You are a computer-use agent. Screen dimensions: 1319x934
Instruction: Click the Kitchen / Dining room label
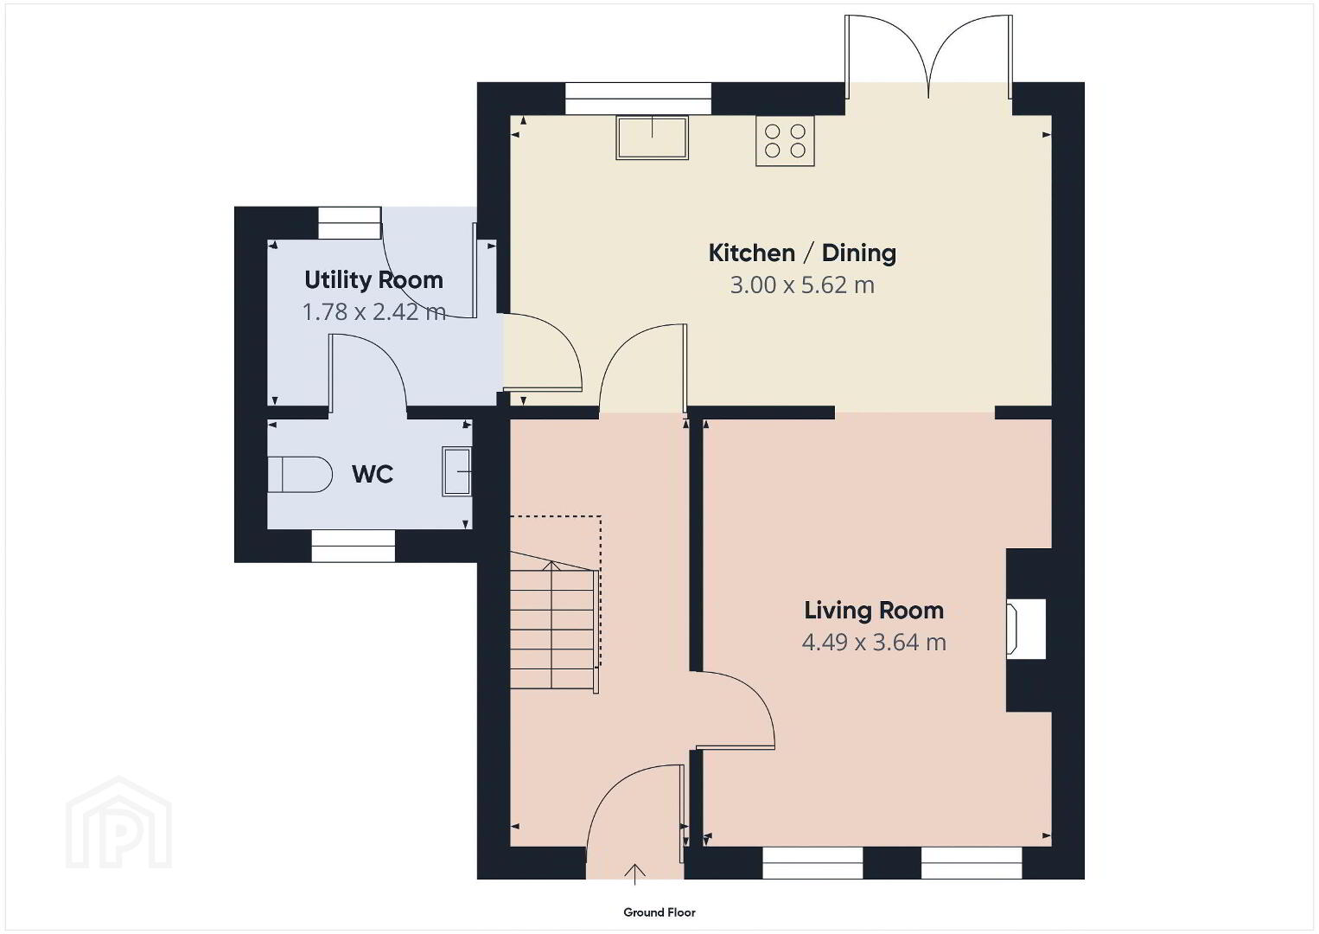[802, 253]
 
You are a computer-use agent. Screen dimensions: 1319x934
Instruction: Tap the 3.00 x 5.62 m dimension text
[802, 285]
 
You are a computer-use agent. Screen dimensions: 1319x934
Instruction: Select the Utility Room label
[374, 280]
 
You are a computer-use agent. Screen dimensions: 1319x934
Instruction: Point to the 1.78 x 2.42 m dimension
[374, 311]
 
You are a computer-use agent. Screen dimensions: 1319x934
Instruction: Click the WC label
[373, 475]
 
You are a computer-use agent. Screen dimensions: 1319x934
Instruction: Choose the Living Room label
[874, 611]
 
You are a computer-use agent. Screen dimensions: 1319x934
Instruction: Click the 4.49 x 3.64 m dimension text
[874, 643]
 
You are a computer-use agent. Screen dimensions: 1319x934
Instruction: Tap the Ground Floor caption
[659, 912]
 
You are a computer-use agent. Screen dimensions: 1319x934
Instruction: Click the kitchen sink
[653, 138]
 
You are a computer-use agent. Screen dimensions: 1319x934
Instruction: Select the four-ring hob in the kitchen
[786, 141]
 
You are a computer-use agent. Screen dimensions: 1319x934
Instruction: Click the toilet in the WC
[300, 475]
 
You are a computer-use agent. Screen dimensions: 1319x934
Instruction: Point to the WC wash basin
[457, 471]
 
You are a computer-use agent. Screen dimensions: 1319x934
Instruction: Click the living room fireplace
[1027, 629]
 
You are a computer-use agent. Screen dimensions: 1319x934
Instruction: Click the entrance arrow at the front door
[634, 874]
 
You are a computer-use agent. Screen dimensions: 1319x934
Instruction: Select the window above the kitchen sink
[638, 99]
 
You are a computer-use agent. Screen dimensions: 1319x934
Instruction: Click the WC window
[354, 546]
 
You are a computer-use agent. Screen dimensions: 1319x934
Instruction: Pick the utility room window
[350, 223]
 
